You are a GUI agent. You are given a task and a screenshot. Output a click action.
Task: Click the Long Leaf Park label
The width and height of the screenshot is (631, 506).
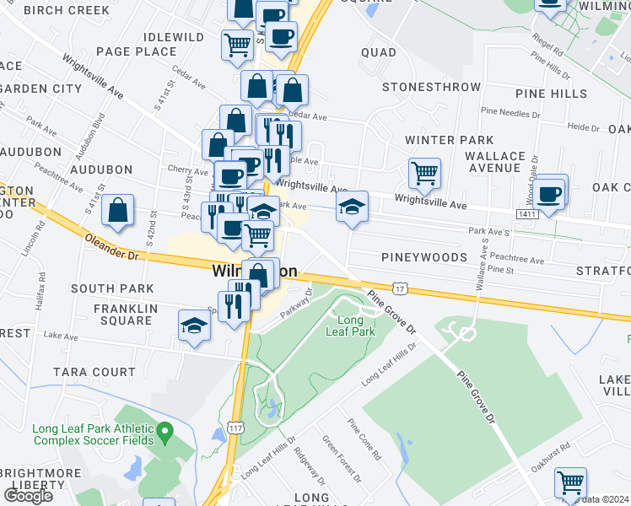351,326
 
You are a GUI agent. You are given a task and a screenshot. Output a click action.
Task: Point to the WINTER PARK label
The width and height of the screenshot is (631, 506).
449,140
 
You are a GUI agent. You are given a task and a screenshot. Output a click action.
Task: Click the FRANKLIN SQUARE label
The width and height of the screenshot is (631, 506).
124,315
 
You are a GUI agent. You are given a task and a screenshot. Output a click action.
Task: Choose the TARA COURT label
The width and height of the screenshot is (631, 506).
94,372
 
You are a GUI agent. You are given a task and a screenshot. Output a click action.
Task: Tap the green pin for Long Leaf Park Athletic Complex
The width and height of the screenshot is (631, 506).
165,433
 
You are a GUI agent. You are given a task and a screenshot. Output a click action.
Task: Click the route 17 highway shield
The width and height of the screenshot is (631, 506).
400,289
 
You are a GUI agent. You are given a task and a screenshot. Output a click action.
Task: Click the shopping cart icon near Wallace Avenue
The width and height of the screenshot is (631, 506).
424,175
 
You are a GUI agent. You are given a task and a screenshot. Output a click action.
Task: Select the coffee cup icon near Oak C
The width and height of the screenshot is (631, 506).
550,192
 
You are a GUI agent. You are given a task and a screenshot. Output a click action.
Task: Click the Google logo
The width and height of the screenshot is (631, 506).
28,496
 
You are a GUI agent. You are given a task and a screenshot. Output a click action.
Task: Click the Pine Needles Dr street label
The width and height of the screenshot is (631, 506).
510,112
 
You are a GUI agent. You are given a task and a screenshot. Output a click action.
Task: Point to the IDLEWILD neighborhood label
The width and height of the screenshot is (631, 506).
174,38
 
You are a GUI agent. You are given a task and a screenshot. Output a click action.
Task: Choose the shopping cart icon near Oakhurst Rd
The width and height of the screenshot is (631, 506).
571,483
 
